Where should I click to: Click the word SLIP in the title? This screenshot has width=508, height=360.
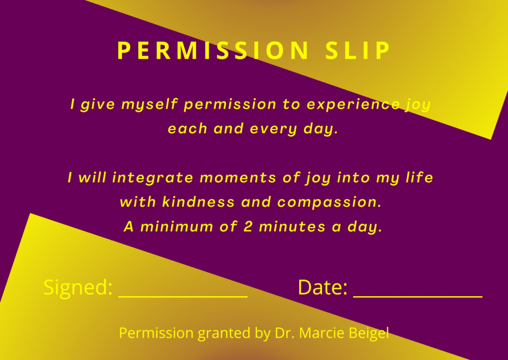click(x=358, y=51)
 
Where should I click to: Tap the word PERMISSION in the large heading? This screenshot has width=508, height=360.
click(x=212, y=51)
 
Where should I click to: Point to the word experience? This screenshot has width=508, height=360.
click(x=353, y=105)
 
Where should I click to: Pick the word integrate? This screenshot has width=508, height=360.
click(x=152, y=178)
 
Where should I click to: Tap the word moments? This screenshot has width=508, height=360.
click(x=238, y=178)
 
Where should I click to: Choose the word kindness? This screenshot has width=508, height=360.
click(x=198, y=202)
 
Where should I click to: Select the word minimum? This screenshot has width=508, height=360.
click(x=177, y=226)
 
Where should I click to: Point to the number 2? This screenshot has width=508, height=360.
click(x=248, y=226)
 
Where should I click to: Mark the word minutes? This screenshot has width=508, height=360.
click(x=292, y=226)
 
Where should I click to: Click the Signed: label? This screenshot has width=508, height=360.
click(x=78, y=287)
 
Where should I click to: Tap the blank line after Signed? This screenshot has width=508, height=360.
click(x=183, y=296)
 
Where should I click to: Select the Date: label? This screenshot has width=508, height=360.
click(x=322, y=287)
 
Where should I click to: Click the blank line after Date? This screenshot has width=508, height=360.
click(x=418, y=296)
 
